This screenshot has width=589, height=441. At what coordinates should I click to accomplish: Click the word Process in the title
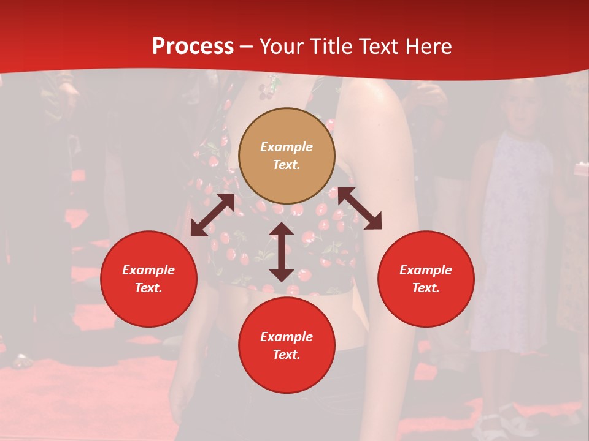tap(193, 47)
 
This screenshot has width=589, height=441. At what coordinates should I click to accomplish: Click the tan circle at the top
tap(287, 156)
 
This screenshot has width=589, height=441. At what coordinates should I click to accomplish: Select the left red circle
tap(148, 279)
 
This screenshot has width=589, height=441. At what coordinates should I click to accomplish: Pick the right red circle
tap(426, 279)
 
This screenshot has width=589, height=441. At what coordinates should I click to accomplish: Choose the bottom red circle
tap(287, 345)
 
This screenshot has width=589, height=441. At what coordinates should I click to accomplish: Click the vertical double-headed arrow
tap(282, 252)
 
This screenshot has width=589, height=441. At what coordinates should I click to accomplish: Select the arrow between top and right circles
tap(360, 208)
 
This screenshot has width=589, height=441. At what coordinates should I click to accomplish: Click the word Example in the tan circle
tap(287, 147)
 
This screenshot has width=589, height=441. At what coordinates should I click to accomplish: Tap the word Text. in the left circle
tap(148, 288)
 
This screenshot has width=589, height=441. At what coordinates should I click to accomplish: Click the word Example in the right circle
tap(426, 270)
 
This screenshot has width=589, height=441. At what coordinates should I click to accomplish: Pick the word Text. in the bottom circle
tap(287, 355)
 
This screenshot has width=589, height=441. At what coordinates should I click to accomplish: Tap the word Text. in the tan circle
tap(287, 165)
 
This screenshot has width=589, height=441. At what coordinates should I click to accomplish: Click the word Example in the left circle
tap(148, 270)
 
